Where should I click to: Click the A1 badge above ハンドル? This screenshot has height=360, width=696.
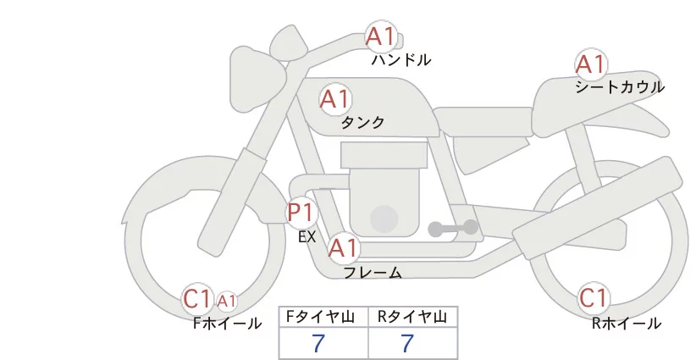[x=380, y=36]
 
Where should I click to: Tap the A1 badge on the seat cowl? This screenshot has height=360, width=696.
[x=590, y=64]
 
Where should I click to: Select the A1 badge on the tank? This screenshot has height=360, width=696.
[x=334, y=99]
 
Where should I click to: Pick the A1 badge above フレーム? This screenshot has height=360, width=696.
[x=344, y=249]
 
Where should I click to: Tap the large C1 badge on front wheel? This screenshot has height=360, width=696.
[x=197, y=298]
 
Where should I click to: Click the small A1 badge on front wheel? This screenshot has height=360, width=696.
[x=226, y=301]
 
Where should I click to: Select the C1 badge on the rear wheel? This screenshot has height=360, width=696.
[x=594, y=299]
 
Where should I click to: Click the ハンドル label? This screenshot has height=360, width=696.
[x=401, y=60]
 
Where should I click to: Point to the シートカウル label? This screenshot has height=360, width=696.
[x=620, y=87]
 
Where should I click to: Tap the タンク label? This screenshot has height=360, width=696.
[x=362, y=123]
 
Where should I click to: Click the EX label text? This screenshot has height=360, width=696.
[x=307, y=237]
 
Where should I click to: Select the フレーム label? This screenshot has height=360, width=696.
[x=373, y=273]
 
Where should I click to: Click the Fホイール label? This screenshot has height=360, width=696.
[x=228, y=324]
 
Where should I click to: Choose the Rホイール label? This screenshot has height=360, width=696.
[x=627, y=324]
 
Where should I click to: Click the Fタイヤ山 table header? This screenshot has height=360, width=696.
[x=323, y=317]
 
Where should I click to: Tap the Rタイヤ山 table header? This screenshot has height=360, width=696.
[x=412, y=317]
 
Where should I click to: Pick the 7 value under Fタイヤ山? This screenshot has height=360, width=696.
[x=318, y=344]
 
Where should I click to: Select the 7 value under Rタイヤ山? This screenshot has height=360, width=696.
[x=407, y=344]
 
